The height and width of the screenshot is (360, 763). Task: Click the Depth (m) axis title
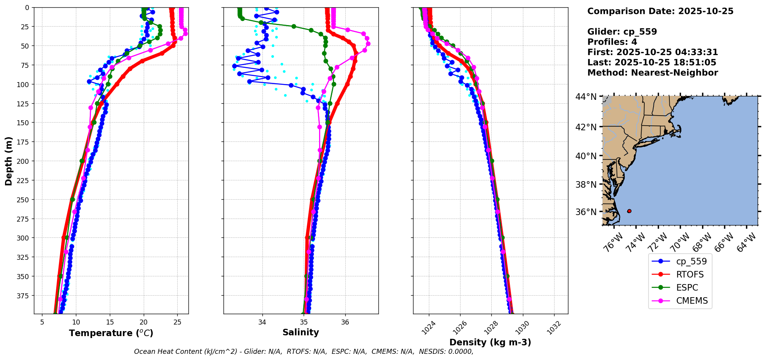[x=8, y=161]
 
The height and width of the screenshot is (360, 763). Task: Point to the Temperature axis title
[x=111, y=333]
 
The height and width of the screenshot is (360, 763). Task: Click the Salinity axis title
[x=301, y=332]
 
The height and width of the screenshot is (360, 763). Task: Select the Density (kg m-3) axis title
[x=490, y=342]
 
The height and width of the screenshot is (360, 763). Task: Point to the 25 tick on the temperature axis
[x=177, y=322]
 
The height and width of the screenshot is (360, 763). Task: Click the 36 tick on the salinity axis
[x=345, y=322]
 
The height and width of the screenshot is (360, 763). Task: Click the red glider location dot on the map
[x=629, y=211]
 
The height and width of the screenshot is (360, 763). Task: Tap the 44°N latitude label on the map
[x=586, y=97]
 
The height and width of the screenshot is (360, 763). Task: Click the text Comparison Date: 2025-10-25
[x=660, y=11]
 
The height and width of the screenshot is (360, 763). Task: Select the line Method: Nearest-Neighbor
[x=652, y=73]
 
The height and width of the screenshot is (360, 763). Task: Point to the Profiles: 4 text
[x=612, y=42]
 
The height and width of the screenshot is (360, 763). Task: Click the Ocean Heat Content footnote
[x=304, y=352]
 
